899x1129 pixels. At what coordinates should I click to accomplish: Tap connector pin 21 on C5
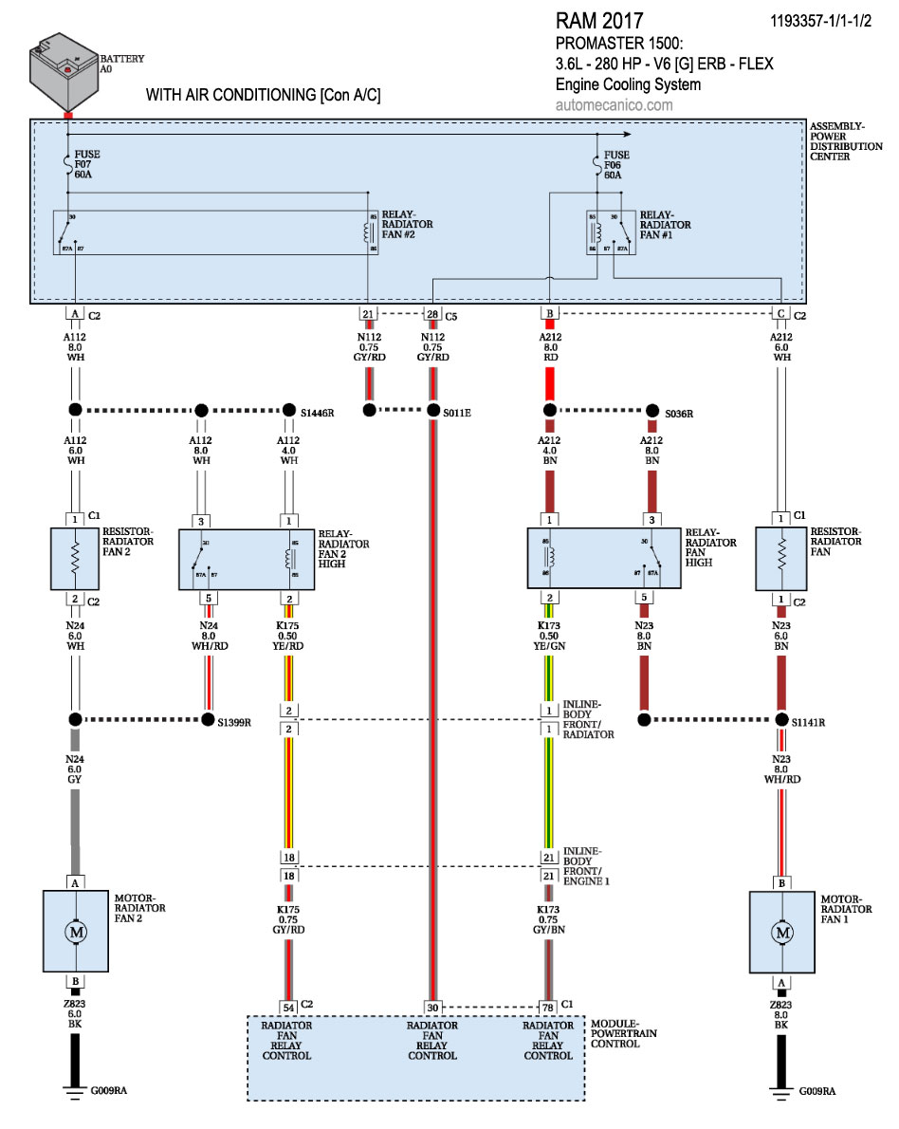click(x=367, y=314)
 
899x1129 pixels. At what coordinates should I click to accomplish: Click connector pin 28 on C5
click(x=432, y=314)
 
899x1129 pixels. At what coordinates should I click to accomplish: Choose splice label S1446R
click(x=319, y=413)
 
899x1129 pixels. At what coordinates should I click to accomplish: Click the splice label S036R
click(x=680, y=413)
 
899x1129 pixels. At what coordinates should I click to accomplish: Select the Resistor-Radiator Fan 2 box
click(x=75, y=559)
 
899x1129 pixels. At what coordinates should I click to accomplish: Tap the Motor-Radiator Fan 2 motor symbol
click(x=75, y=933)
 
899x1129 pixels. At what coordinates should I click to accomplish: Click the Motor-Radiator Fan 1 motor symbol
click(x=782, y=933)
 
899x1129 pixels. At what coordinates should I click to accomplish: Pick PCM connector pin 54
click(x=287, y=1007)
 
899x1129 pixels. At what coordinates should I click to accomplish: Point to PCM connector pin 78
click(x=548, y=1007)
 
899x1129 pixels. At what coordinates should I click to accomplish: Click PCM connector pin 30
click(x=432, y=1007)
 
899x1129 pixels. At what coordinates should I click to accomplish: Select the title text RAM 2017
click(x=599, y=21)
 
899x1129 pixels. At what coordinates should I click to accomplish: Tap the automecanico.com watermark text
click(x=614, y=104)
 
